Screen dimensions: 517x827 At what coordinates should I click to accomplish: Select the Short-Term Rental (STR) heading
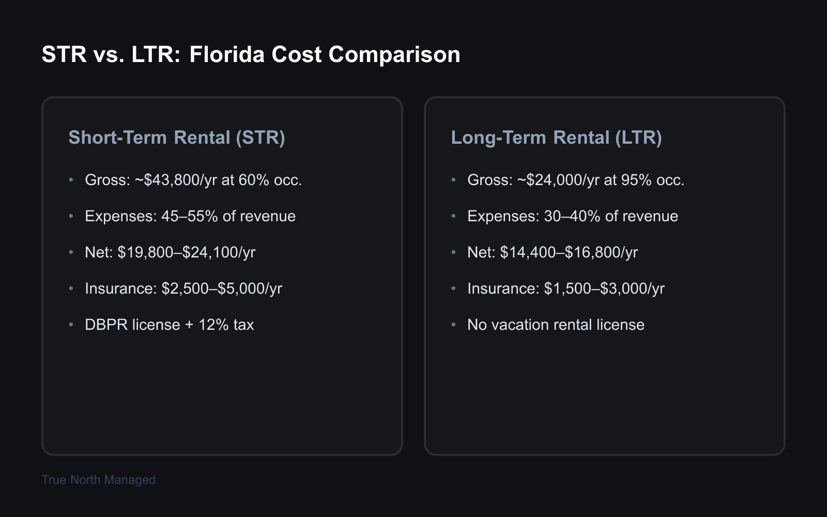click(x=177, y=138)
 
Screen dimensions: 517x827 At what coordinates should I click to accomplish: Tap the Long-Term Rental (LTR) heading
click(x=556, y=138)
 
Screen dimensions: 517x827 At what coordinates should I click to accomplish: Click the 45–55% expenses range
click(x=189, y=216)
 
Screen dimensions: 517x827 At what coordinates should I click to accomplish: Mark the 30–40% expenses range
click(x=572, y=216)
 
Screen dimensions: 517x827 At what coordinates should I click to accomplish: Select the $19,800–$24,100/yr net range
click(x=187, y=252)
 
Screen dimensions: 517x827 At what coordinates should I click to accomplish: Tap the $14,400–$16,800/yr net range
click(x=569, y=252)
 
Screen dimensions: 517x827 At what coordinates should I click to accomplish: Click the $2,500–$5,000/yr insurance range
click(x=222, y=288)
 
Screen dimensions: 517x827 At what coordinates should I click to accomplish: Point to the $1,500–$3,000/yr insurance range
click(x=604, y=288)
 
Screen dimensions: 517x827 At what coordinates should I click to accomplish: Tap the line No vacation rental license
click(x=556, y=325)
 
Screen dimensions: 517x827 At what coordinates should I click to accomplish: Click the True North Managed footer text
click(x=98, y=480)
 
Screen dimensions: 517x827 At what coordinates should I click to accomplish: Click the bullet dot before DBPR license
click(x=71, y=325)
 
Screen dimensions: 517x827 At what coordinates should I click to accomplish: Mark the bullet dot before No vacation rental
click(x=454, y=325)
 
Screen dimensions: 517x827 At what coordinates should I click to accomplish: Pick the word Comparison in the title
click(x=394, y=54)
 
